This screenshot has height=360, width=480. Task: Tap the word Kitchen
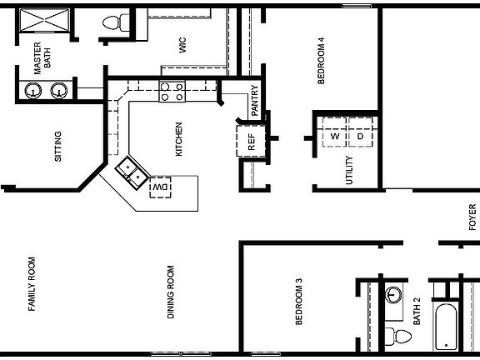178,139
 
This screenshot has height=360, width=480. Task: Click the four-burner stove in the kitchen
172,92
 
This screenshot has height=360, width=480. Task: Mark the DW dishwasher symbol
158,189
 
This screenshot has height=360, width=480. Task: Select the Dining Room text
171,292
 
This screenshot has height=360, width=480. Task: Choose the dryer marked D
360,135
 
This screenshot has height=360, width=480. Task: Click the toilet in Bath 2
399,335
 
